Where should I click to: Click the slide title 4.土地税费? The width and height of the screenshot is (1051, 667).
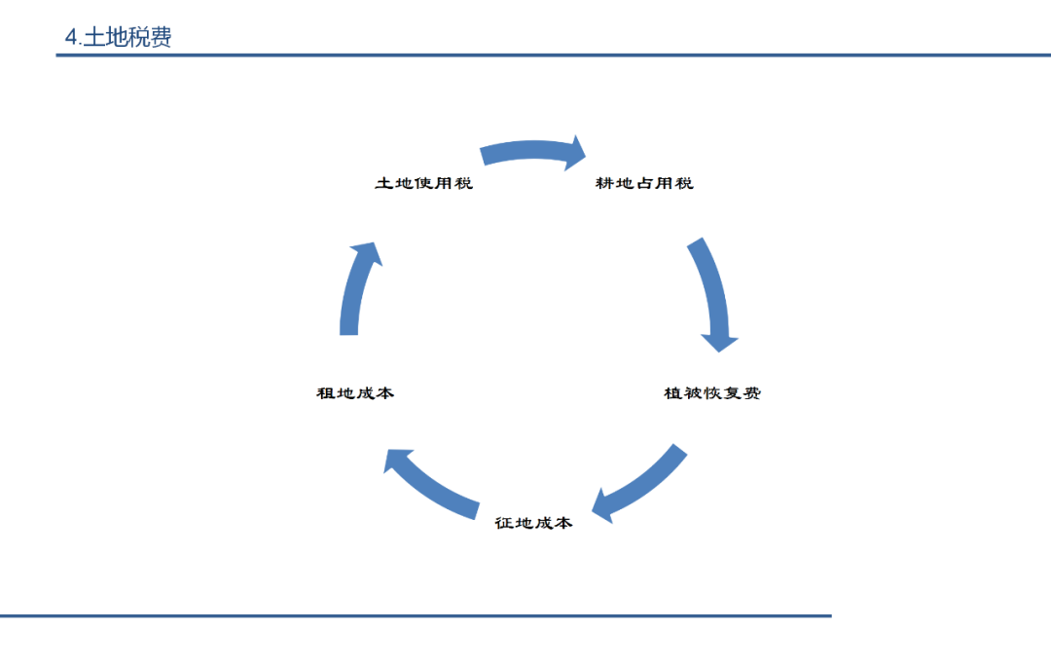(x=118, y=38)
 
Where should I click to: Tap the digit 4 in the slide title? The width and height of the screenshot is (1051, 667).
(x=70, y=38)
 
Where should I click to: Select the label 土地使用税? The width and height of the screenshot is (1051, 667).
(x=423, y=183)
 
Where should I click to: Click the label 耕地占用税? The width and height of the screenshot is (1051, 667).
(x=644, y=183)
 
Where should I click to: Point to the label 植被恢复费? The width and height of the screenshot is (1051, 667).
(x=712, y=393)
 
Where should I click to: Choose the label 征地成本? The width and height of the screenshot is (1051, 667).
(x=533, y=523)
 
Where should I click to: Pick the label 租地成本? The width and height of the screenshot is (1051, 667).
(x=355, y=393)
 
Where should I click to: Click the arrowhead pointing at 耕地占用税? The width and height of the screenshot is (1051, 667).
(x=576, y=153)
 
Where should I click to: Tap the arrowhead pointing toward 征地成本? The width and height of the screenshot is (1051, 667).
(x=605, y=506)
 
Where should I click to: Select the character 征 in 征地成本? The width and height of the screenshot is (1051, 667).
(x=504, y=523)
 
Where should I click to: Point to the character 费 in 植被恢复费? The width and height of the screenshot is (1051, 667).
(x=751, y=393)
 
